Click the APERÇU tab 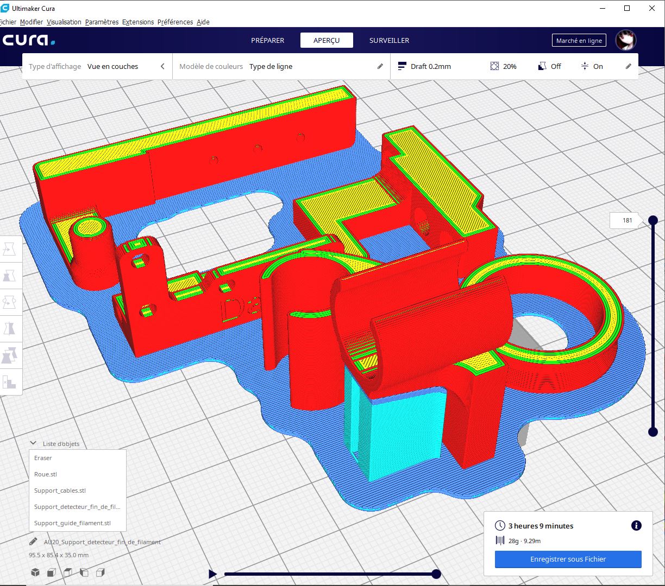click(x=327, y=40)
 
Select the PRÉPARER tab click(x=267, y=40)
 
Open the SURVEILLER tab click(x=390, y=40)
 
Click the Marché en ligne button click(x=579, y=40)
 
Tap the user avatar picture click(x=626, y=40)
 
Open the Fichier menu click(x=8, y=22)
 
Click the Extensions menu click(x=138, y=22)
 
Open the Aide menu click(x=203, y=22)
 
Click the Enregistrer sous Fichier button click(x=568, y=559)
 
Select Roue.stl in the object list click(x=46, y=474)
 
